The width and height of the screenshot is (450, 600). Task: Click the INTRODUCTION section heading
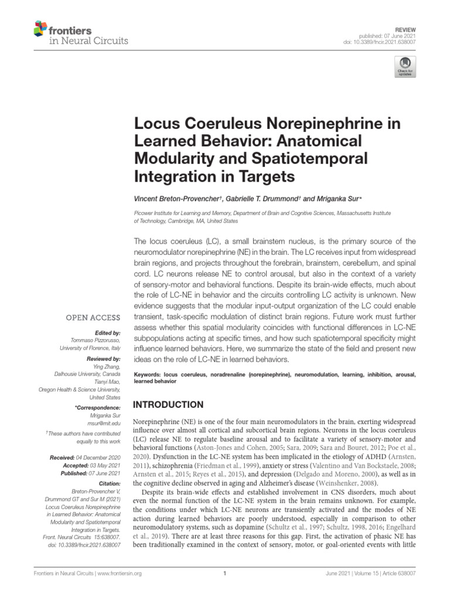[170, 405]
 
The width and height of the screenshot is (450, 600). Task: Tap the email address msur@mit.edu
[105, 422]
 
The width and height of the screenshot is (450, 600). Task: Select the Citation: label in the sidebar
[110, 483]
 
